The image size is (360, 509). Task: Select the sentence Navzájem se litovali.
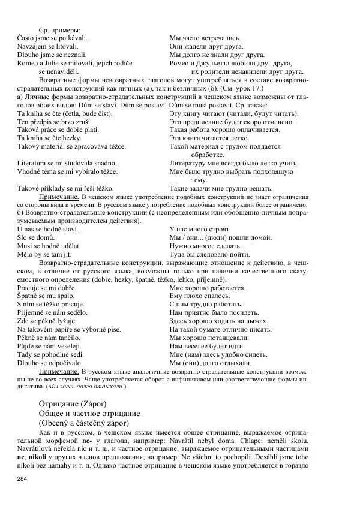click(x=47, y=46)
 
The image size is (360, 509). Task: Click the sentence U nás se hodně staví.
click(x=52, y=229)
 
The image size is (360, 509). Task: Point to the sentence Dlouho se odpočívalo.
click(x=51, y=362)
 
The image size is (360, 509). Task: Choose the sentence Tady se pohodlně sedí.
click(x=50, y=354)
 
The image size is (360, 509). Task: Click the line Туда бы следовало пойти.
click(x=210, y=254)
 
